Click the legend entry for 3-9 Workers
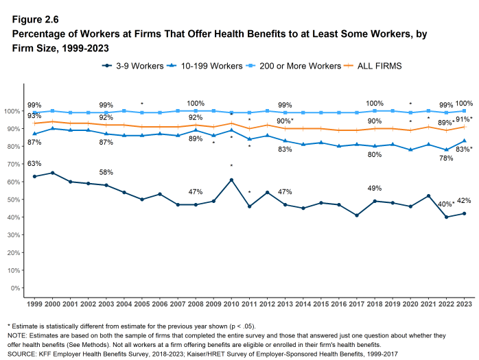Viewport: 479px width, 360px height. tap(133, 66)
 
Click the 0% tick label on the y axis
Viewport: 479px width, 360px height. tap(16, 288)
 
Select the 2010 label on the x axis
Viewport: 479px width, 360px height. tap(231, 303)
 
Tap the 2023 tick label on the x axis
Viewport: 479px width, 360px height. tap(464, 303)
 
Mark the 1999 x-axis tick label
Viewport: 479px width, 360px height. tap(34, 303)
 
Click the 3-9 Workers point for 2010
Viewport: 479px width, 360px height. tap(231, 180)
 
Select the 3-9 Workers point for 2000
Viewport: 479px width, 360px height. tap(52, 173)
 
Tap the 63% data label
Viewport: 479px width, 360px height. tap(34, 164)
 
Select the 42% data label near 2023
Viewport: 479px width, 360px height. tap(464, 201)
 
